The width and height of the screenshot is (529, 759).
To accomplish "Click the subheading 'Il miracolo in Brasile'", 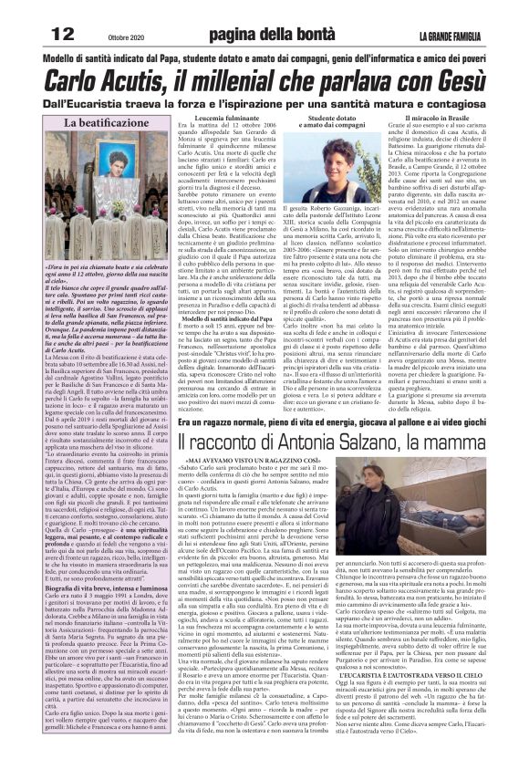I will [435, 118].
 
